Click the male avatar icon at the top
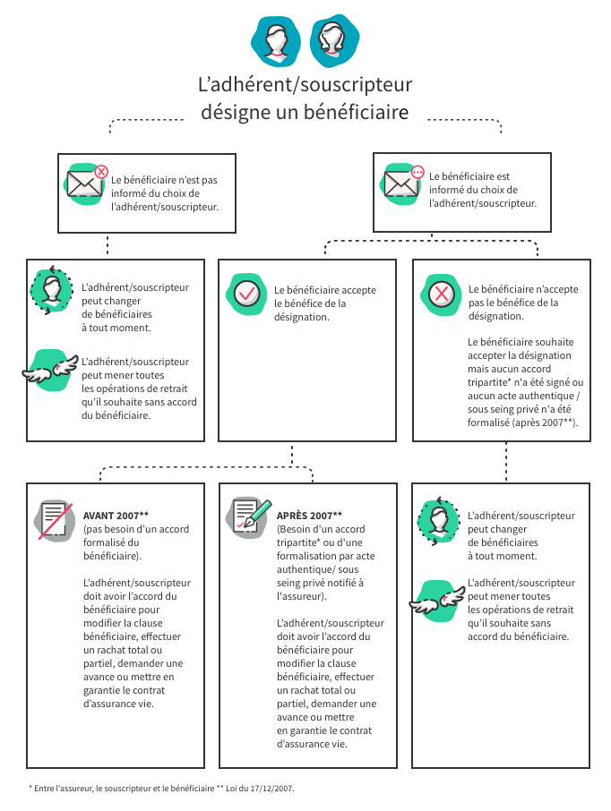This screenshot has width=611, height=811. (x=276, y=41)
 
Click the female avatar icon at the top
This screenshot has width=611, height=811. (x=334, y=41)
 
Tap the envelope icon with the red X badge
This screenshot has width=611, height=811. (x=86, y=184)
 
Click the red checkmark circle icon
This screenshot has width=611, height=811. (x=246, y=294)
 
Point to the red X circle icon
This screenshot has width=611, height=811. (x=441, y=295)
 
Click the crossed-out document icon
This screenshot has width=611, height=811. (x=54, y=520)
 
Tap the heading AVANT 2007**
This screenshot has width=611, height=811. (x=116, y=516)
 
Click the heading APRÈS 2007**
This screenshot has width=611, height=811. (x=309, y=516)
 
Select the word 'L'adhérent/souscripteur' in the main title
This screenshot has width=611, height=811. (x=305, y=84)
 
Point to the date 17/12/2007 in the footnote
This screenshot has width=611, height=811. (x=271, y=789)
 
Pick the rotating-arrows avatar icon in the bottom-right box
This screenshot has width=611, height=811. (x=439, y=521)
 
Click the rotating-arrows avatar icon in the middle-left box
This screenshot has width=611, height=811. (x=51, y=290)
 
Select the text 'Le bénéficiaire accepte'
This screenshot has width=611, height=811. (x=325, y=290)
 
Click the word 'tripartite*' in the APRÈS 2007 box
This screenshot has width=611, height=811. (x=297, y=542)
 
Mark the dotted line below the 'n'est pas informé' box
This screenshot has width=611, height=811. (x=108, y=245)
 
